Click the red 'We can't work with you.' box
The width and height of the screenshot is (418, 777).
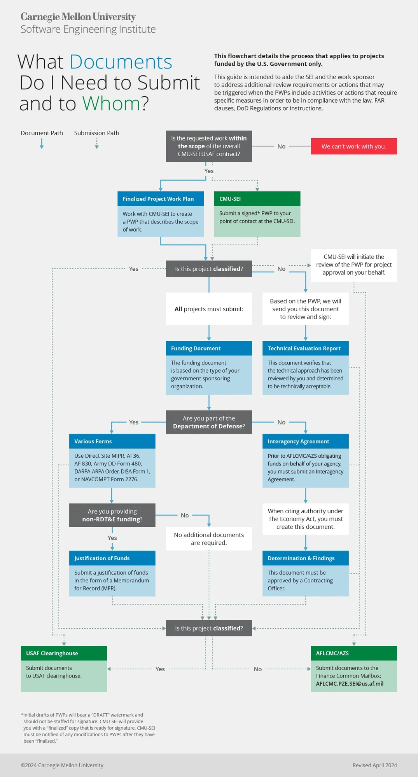click(353, 146)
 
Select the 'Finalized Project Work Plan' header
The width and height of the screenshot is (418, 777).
click(160, 199)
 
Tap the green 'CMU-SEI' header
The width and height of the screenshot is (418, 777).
click(257, 199)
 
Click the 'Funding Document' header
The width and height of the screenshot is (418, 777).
click(209, 348)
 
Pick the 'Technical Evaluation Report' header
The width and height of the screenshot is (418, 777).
click(305, 348)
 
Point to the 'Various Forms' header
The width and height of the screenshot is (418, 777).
click(112, 441)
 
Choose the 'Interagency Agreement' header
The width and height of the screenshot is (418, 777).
click(305, 441)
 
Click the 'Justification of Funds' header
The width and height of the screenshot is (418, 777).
click(112, 558)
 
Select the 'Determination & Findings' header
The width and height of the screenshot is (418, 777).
click(305, 558)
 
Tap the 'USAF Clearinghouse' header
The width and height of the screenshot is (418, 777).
click(64, 653)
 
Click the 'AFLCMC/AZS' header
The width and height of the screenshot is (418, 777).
click(353, 653)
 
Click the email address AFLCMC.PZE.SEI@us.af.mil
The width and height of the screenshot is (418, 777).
click(350, 684)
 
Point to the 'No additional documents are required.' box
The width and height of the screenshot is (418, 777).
click(209, 539)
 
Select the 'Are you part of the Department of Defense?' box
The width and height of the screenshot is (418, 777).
click(209, 422)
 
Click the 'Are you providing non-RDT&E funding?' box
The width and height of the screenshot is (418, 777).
click(112, 515)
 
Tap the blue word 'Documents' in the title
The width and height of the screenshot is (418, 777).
click(121, 62)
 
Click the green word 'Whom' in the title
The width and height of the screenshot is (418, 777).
click(111, 104)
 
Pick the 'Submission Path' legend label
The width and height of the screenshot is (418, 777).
click(96, 133)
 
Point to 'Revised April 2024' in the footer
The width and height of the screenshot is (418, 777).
click(374, 765)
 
